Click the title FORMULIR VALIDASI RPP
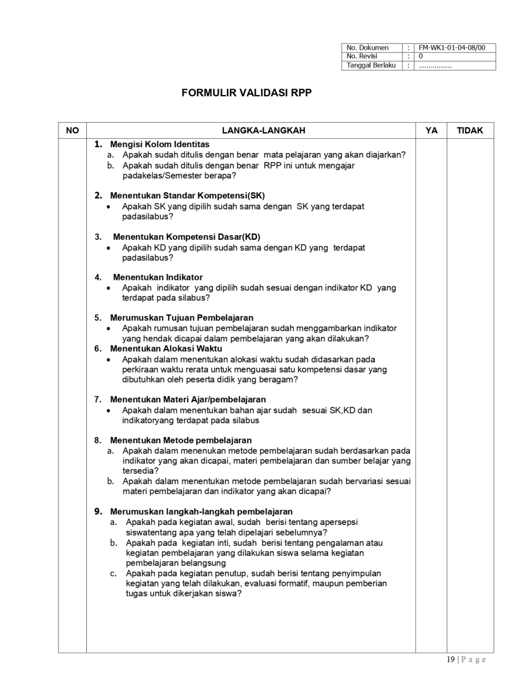click(x=246, y=93)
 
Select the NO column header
click(x=72, y=131)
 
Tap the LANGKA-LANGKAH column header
click(x=251, y=131)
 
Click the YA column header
click(x=431, y=131)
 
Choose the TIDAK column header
click(x=470, y=131)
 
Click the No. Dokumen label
click(x=368, y=48)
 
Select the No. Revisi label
click(x=362, y=56)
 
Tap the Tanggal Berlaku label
click(x=371, y=65)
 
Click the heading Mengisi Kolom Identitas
click(x=160, y=144)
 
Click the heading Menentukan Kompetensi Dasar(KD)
click(x=186, y=237)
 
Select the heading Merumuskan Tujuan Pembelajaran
click(x=181, y=318)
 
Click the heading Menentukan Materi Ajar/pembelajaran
click(x=188, y=399)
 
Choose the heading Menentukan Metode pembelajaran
click(x=180, y=440)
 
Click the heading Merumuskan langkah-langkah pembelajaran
click(x=201, y=511)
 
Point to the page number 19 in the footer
click(x=450, y=660)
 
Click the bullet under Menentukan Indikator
click(x=108, y=288)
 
